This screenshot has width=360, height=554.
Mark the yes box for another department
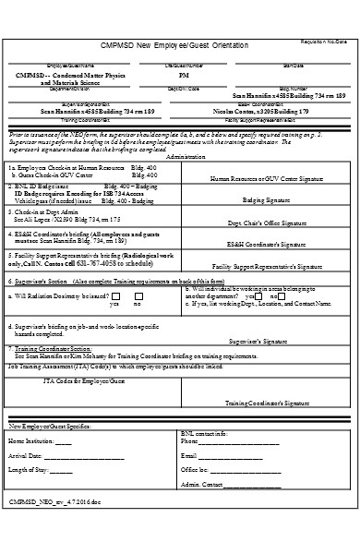tap(252, 295)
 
